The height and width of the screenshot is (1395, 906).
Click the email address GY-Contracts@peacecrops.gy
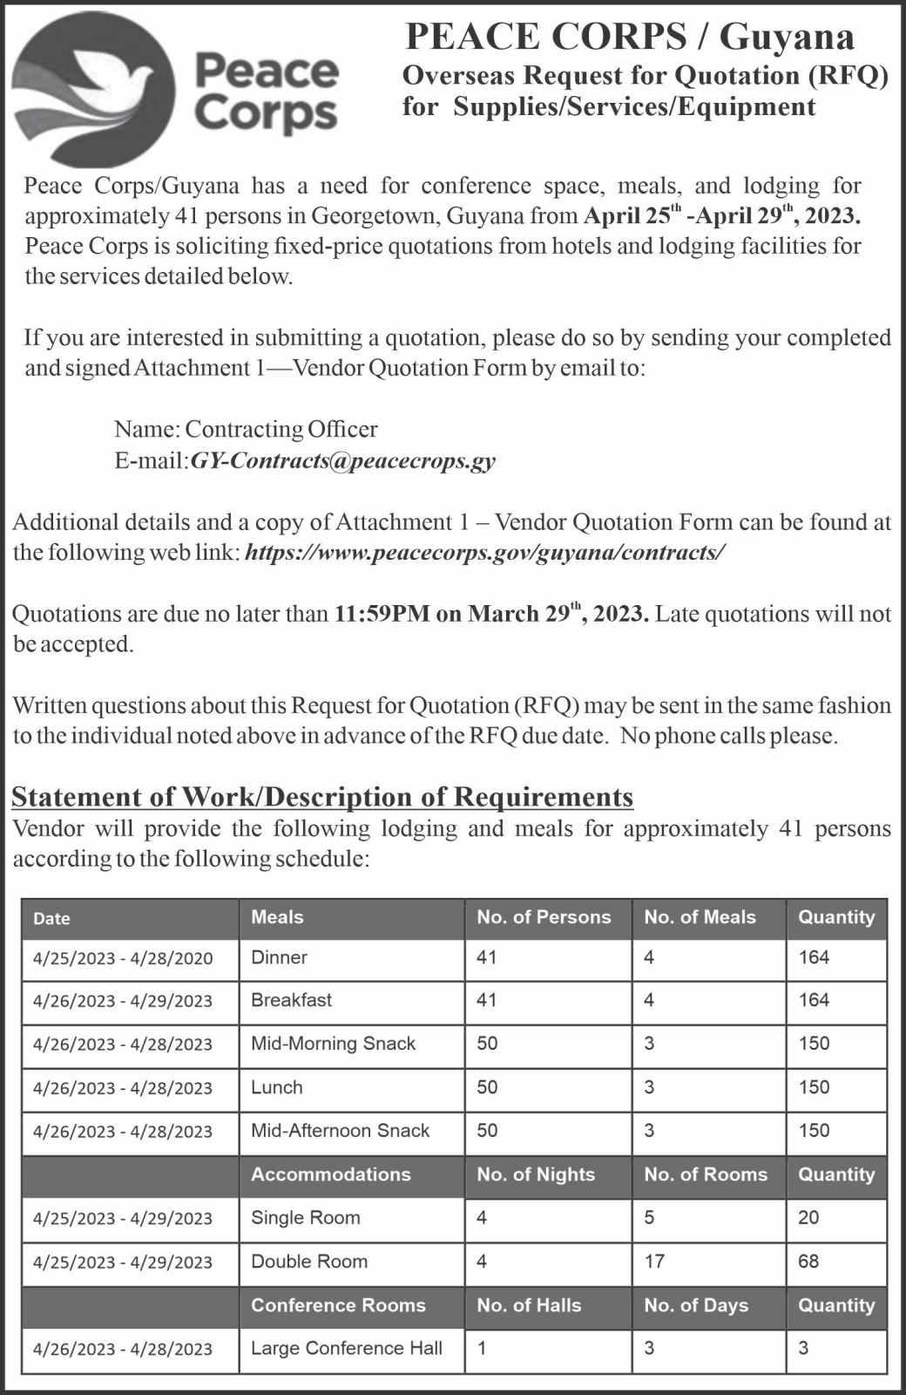click(342, 460)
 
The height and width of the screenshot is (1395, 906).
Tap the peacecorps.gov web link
click(485, 553)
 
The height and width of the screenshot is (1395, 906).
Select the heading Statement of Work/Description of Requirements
click(322, 797)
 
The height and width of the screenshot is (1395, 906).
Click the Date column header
click(51, 918)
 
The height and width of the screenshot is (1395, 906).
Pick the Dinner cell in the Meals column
click(279, 957)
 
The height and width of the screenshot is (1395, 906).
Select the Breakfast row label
click(291, 1000)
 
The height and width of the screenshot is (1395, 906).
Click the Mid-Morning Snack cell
click(333, 1044)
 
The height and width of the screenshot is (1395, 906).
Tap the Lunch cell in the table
click(276, 1087)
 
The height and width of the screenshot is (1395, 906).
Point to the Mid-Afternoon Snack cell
click(340, 1131)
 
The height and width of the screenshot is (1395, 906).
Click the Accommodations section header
click(330, 1174)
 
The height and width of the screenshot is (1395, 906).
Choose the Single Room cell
click(305, 1218)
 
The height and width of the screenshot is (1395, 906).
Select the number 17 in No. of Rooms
click(654, 1262)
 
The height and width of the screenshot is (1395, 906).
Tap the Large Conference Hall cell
click(346, 1348)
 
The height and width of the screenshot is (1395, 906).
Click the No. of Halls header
click(529, 1305)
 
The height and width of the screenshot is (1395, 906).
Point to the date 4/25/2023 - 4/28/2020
click(123, 958)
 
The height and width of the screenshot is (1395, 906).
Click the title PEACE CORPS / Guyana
click(630, 37)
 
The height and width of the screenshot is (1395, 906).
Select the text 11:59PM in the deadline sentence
click(382, 614)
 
